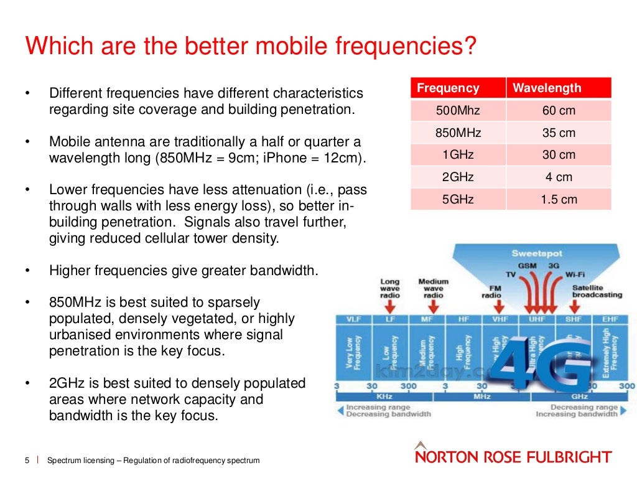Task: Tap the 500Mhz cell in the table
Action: click(458, 111)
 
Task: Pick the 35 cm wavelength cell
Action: click(559, 133)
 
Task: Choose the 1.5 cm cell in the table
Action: click(559, 199)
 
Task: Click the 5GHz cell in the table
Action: click(458, 199)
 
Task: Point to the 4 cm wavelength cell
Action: click(559, 177)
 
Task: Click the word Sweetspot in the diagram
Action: click(536, 253)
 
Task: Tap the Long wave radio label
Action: click(390, 289)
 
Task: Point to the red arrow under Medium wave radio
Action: click(433, 306)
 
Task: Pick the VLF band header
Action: click(353, 319)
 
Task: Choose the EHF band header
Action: click(610, 319)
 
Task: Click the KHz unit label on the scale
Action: click(384, 396)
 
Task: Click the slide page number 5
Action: click(27, 461)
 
